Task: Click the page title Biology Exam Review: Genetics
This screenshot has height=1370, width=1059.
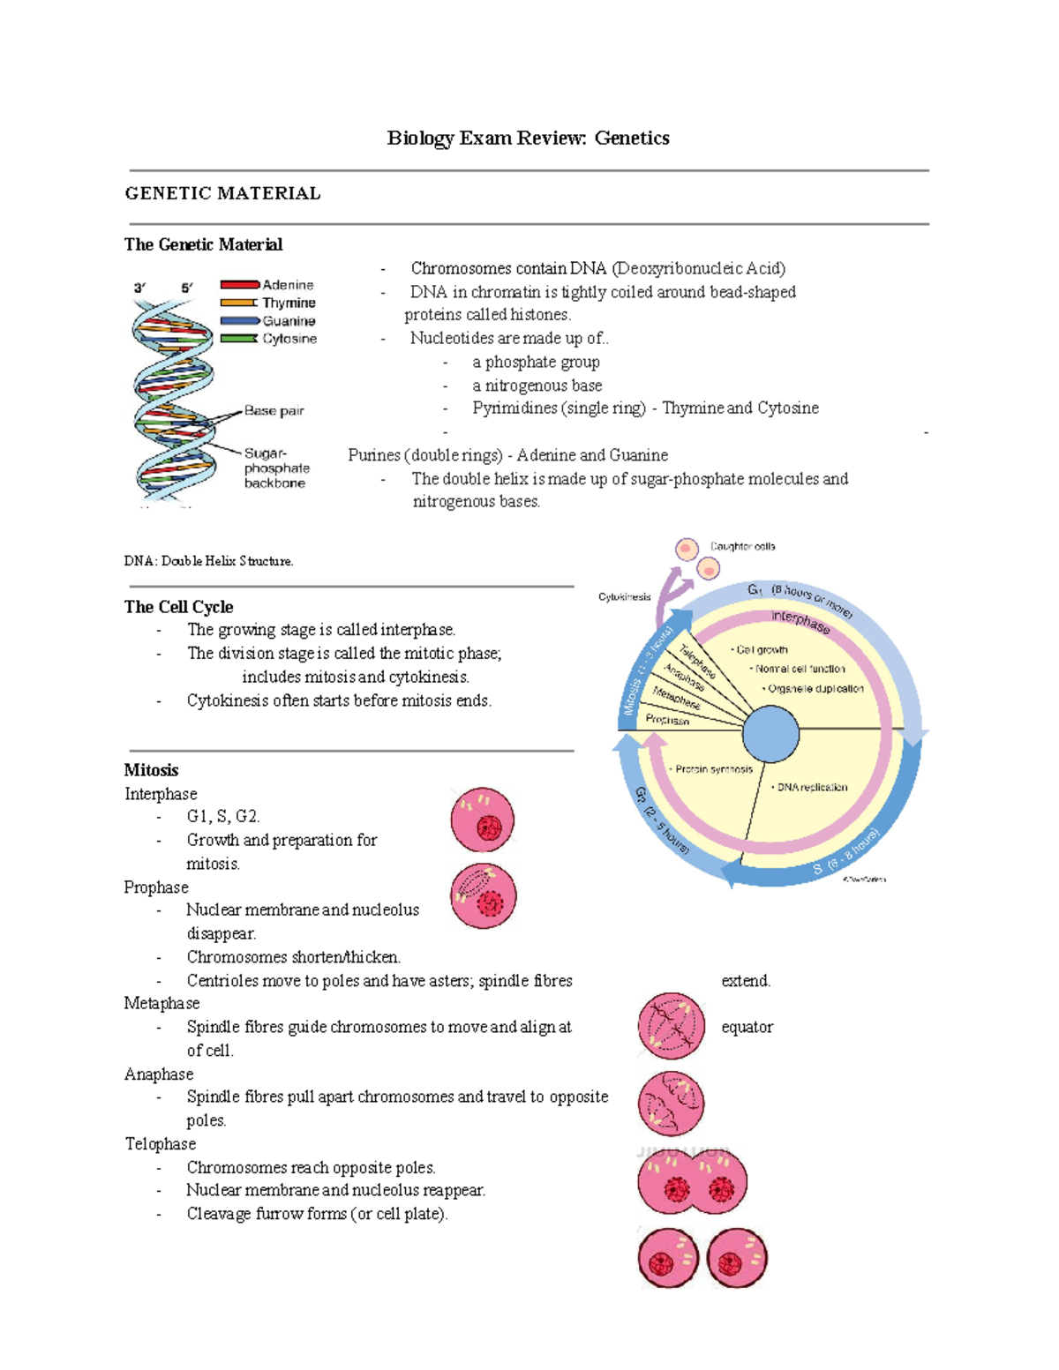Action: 528,138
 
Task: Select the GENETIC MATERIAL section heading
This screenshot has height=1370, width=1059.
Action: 222,193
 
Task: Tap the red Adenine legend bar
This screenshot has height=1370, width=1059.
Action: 239,285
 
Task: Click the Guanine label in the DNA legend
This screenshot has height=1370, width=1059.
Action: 289,321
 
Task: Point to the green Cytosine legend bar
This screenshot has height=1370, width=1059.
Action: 239,339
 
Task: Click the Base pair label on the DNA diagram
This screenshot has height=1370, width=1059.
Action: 274,410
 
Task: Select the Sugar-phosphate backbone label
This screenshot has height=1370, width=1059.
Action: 276,468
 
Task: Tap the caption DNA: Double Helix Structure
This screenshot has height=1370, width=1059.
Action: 208,561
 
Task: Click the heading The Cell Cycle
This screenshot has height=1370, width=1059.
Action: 178,607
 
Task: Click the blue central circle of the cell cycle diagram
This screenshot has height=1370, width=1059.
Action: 770,734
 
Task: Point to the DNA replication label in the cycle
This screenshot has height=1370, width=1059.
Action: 811,787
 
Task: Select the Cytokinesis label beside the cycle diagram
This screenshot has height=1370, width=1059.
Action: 624,597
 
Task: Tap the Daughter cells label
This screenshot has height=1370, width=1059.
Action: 742,547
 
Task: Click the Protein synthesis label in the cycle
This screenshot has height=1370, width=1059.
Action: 713,769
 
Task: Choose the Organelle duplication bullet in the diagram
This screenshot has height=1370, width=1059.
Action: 815,689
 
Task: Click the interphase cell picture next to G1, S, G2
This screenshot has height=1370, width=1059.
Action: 482,820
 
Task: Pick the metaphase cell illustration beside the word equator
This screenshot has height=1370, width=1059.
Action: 672,1025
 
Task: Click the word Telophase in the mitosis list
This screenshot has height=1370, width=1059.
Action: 160,1144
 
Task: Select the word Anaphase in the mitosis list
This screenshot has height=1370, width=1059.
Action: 159,1074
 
